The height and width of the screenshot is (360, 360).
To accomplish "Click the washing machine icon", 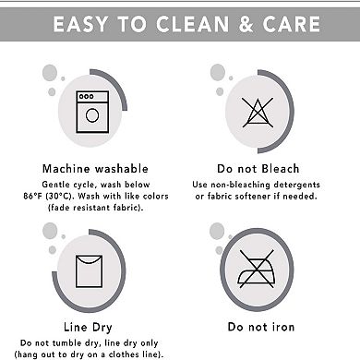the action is point(92,112).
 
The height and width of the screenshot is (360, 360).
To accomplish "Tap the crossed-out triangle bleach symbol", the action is point(258,113).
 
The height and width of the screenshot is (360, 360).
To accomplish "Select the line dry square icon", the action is point(89,271).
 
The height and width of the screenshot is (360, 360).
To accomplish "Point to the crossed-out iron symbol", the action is point(257,269).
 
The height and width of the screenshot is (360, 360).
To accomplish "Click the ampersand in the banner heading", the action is point(246,24).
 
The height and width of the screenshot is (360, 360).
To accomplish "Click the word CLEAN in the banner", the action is point(192,24).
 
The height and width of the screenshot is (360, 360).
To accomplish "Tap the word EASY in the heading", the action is point(81,24).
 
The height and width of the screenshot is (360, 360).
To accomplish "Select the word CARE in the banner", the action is point(292,24).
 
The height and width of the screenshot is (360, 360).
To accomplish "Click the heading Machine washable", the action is point(95,169).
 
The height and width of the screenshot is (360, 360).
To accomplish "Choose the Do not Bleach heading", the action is point(258,169).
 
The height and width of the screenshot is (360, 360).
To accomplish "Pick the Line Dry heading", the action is point(88,327).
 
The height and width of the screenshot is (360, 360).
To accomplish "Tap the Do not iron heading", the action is point(261,327).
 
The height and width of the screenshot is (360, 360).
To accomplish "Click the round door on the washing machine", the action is point(92,115).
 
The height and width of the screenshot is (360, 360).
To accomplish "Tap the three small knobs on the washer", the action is point(87,96).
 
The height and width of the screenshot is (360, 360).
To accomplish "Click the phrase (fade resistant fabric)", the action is point(96,208).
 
